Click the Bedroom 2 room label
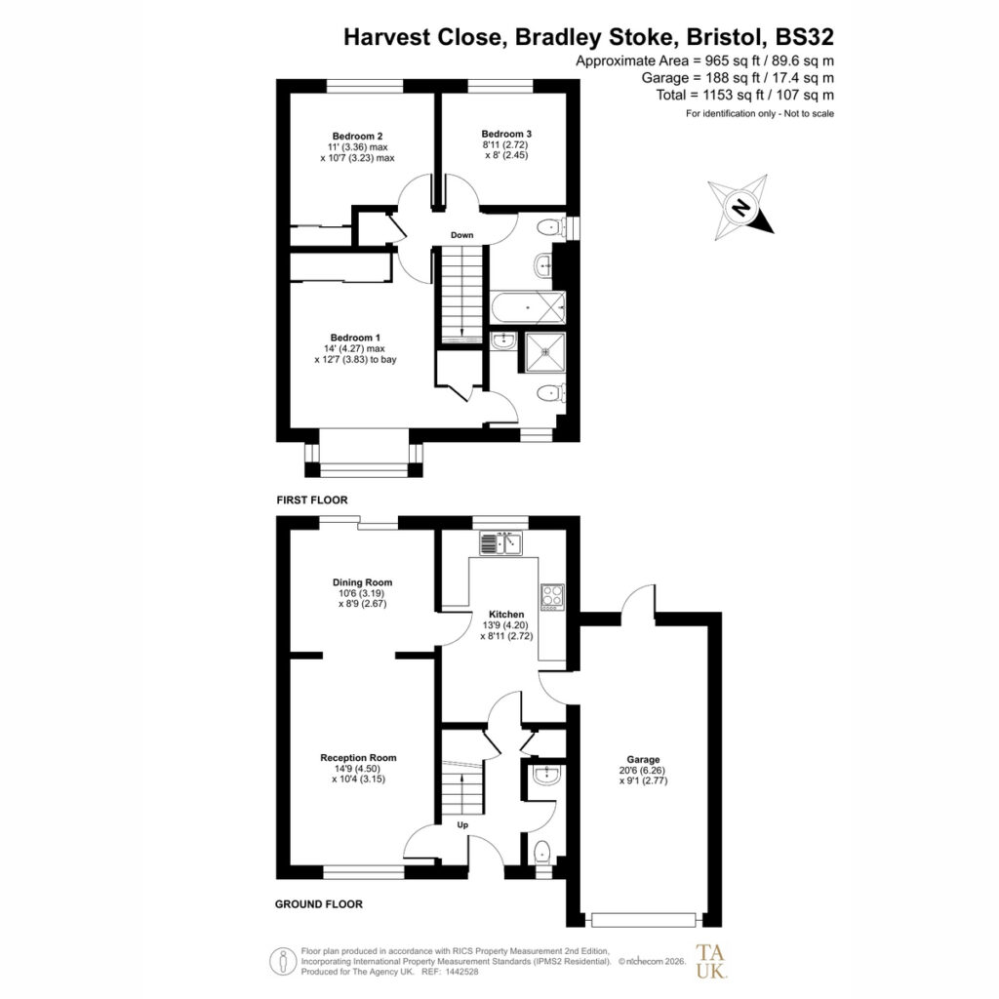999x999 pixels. click(x=357, y=136)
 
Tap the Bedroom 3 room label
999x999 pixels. click(x=506, y=134)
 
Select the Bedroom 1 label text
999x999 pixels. click(x=355, y=338)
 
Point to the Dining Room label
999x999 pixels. click(x=363, y=582)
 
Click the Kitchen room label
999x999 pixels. click(x=506, y=615)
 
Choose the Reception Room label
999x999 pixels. click(x=358, y=757)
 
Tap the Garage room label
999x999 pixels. click(x=644, y=759)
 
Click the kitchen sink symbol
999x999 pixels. click(x=500, y=542)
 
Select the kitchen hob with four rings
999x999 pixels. click(x=552, y=597)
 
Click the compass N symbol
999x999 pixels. click(x=740, y=208)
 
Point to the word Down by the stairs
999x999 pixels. click(x=461, y=235)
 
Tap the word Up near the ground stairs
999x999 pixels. click(x=462, y=825)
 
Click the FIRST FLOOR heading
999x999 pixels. click(x=312, y=500)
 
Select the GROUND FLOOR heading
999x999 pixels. click(x=319, y=904)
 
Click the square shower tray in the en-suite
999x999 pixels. click(x=545, y=351)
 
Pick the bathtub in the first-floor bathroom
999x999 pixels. click(x=528, y=307)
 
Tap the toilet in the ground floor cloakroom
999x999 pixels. click(x=542, y=853)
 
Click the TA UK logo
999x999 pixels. click(x=710, y=961)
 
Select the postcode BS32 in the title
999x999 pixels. click(x=804, y=37)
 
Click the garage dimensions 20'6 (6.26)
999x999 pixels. click(x=644, y=770)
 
